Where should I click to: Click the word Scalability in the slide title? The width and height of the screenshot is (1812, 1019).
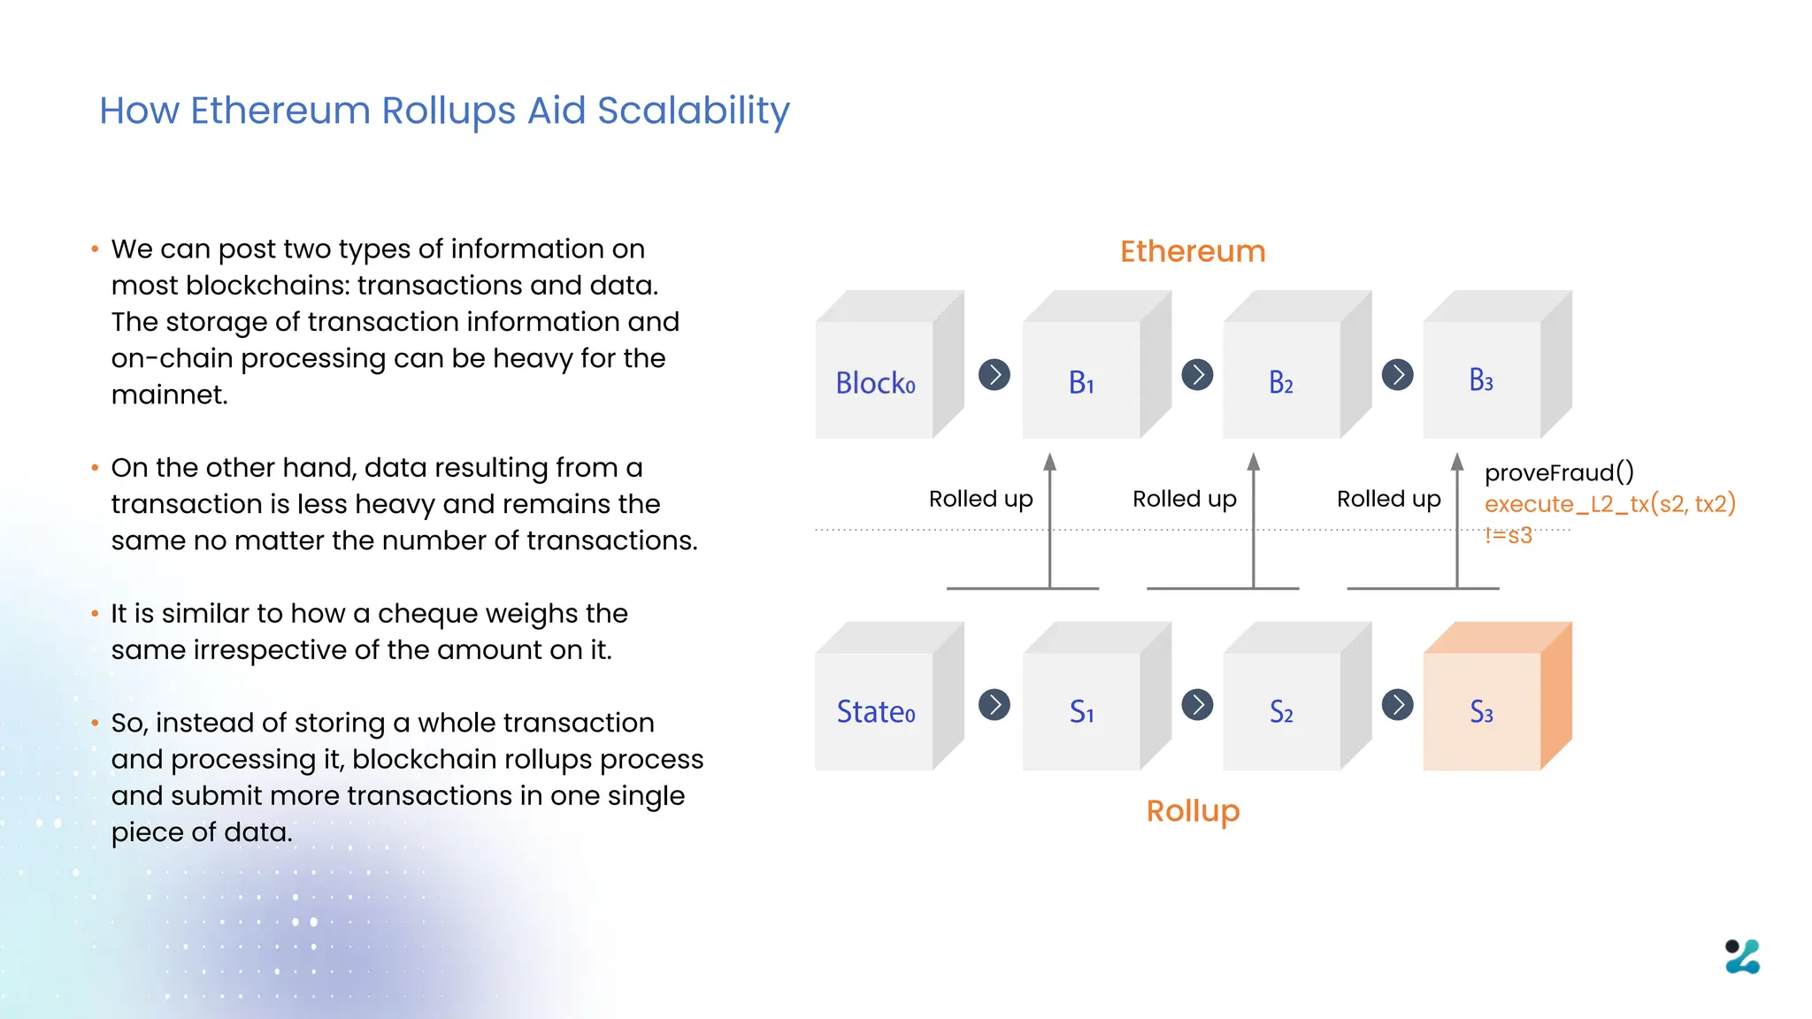[693, 111]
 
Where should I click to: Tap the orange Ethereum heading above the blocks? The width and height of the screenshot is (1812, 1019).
[1193, 251]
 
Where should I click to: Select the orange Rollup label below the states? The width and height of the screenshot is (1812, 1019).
[1193, 810]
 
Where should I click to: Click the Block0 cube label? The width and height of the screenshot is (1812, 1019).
[875, 382]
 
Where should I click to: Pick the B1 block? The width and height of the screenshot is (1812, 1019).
[1081, 381]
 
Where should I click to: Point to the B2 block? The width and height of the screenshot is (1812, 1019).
[1281, 381]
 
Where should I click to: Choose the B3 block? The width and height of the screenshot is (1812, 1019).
[1481, 380]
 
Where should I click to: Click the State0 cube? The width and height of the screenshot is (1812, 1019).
[876, 711]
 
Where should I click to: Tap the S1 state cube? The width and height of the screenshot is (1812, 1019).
[1081, 711]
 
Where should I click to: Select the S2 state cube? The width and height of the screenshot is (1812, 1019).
[1281, 711]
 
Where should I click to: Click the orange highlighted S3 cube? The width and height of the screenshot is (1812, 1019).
[1482, 711]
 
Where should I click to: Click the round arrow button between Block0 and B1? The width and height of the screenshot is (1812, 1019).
[994, 375]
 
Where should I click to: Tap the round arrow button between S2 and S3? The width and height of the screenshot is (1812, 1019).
[1398, 705]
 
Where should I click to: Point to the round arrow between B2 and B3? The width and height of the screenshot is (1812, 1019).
[1398, 375]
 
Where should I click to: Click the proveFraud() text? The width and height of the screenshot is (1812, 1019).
[1559, 472]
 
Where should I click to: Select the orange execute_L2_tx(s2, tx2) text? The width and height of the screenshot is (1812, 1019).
[1609, 504]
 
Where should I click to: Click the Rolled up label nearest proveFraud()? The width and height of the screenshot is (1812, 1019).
[1388, 499]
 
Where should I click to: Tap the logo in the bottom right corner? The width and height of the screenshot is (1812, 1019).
[1742, 956]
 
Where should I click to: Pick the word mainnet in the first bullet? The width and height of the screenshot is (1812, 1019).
[168, 395]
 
